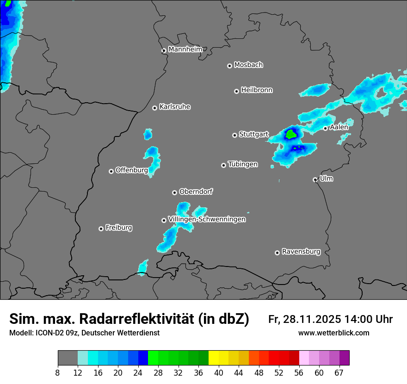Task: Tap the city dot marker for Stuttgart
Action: click(x=234, y=135)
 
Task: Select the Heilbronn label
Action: click(x=257, y=90)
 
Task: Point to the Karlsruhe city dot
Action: click(x=155, y=108)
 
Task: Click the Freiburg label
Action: click(x=119, y=228)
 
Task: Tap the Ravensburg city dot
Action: click(x=277, y=253)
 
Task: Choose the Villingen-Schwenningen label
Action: click(x=207, y=219)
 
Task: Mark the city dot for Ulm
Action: click(x=315, y=180)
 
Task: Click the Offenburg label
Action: click(x=131, y=170)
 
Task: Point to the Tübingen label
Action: click(x=243, y=164)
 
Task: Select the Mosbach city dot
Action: click(x=229, y=66)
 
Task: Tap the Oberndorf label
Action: click(x=196, y=192)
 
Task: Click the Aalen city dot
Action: click(x=326, y=128)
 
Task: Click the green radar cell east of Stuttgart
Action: click(x=291, y=134)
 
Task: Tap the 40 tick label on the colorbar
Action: click(x=218, y=373)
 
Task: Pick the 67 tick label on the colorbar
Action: click(x=339, y=373)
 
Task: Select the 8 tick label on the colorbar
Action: click(x=57, y=373)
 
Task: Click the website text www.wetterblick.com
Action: click(x=333, y=333)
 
